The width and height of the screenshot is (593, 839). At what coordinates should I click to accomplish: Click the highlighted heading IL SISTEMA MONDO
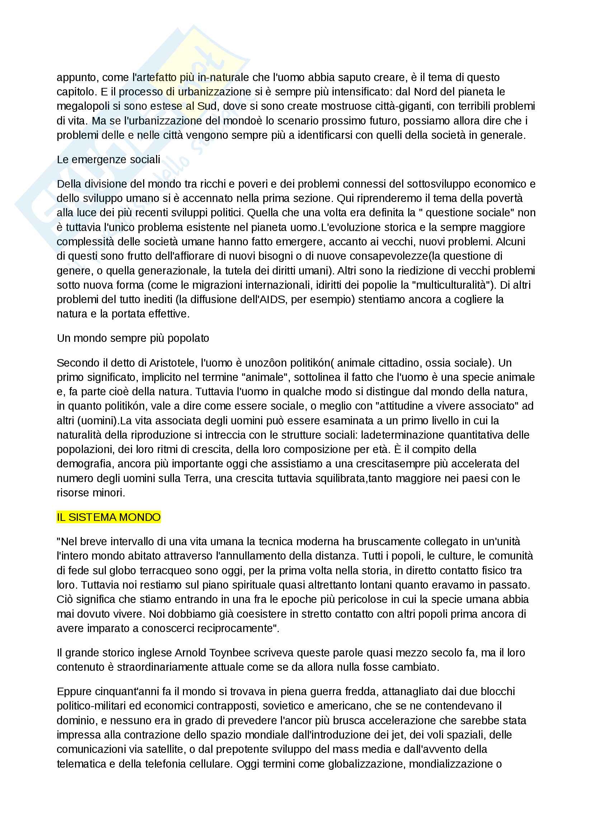108,517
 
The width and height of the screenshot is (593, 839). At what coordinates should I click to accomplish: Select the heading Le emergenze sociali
108,160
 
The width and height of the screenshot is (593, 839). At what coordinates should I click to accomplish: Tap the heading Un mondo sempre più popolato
133,338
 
